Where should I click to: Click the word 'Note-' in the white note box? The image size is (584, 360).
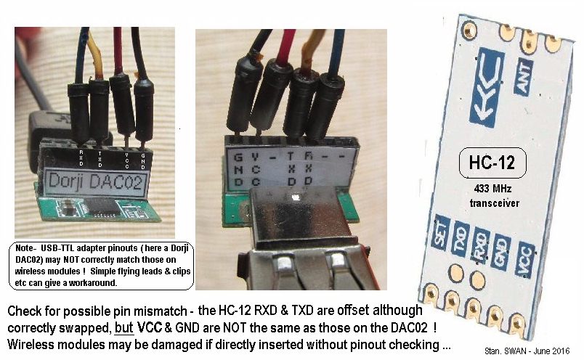[x=31, y=248]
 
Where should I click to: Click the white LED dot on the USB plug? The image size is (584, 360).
[x=295, y=197]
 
